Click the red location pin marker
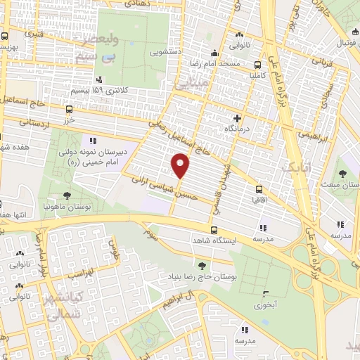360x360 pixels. click(x=181, y=166)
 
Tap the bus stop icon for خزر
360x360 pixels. click(x=69, y=109)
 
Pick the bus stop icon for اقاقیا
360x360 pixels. click(x=259, y=188)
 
